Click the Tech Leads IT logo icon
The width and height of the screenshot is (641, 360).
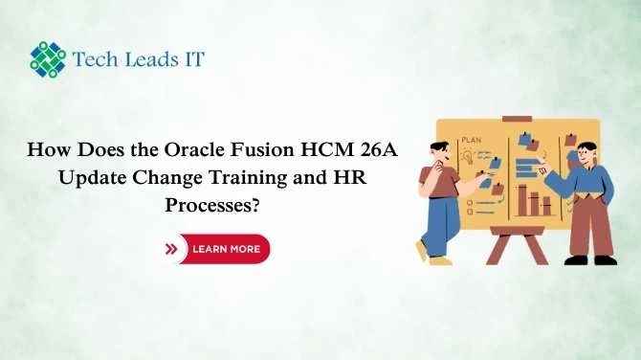click(x=47, y=59)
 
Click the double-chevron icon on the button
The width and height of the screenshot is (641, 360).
click(x=172, y=249)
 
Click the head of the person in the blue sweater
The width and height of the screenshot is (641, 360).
click(x=586, y=152)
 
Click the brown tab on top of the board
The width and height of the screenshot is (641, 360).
click(x=517, y=116)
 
